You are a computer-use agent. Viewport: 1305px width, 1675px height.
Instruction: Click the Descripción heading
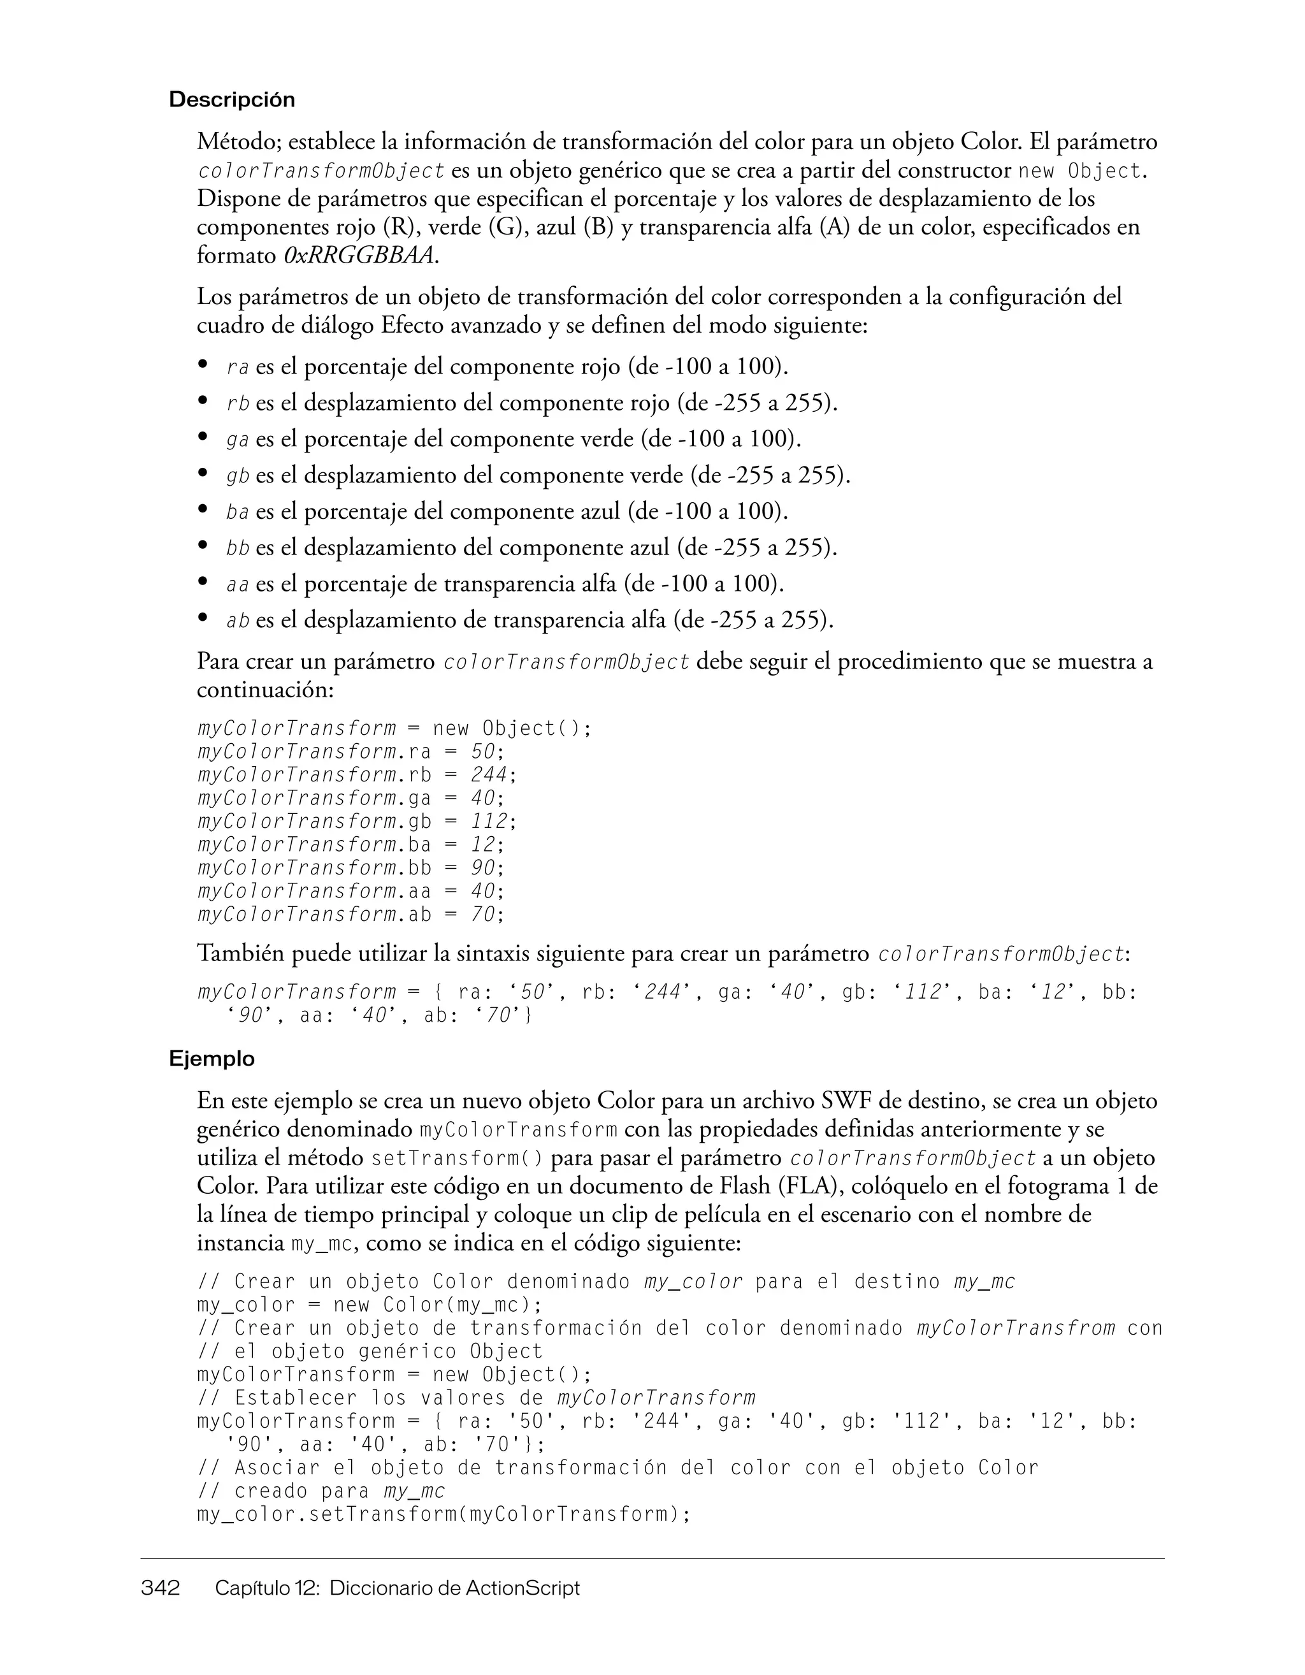[231, 99]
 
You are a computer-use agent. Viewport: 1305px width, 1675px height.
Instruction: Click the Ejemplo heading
[212, 1059]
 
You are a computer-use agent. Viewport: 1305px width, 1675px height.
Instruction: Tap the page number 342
[160, 1588]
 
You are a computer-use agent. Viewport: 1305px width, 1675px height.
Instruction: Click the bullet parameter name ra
[238, 367]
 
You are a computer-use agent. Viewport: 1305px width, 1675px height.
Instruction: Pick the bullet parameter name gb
[238, 476]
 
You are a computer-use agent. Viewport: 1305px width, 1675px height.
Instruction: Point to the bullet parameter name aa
[238, 585]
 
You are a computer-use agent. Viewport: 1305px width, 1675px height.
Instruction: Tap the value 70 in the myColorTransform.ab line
[482, 914]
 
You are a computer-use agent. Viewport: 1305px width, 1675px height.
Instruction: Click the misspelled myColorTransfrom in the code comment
[1016, 1328]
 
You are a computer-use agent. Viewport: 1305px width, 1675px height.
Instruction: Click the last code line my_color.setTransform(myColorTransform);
[444, 1515]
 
